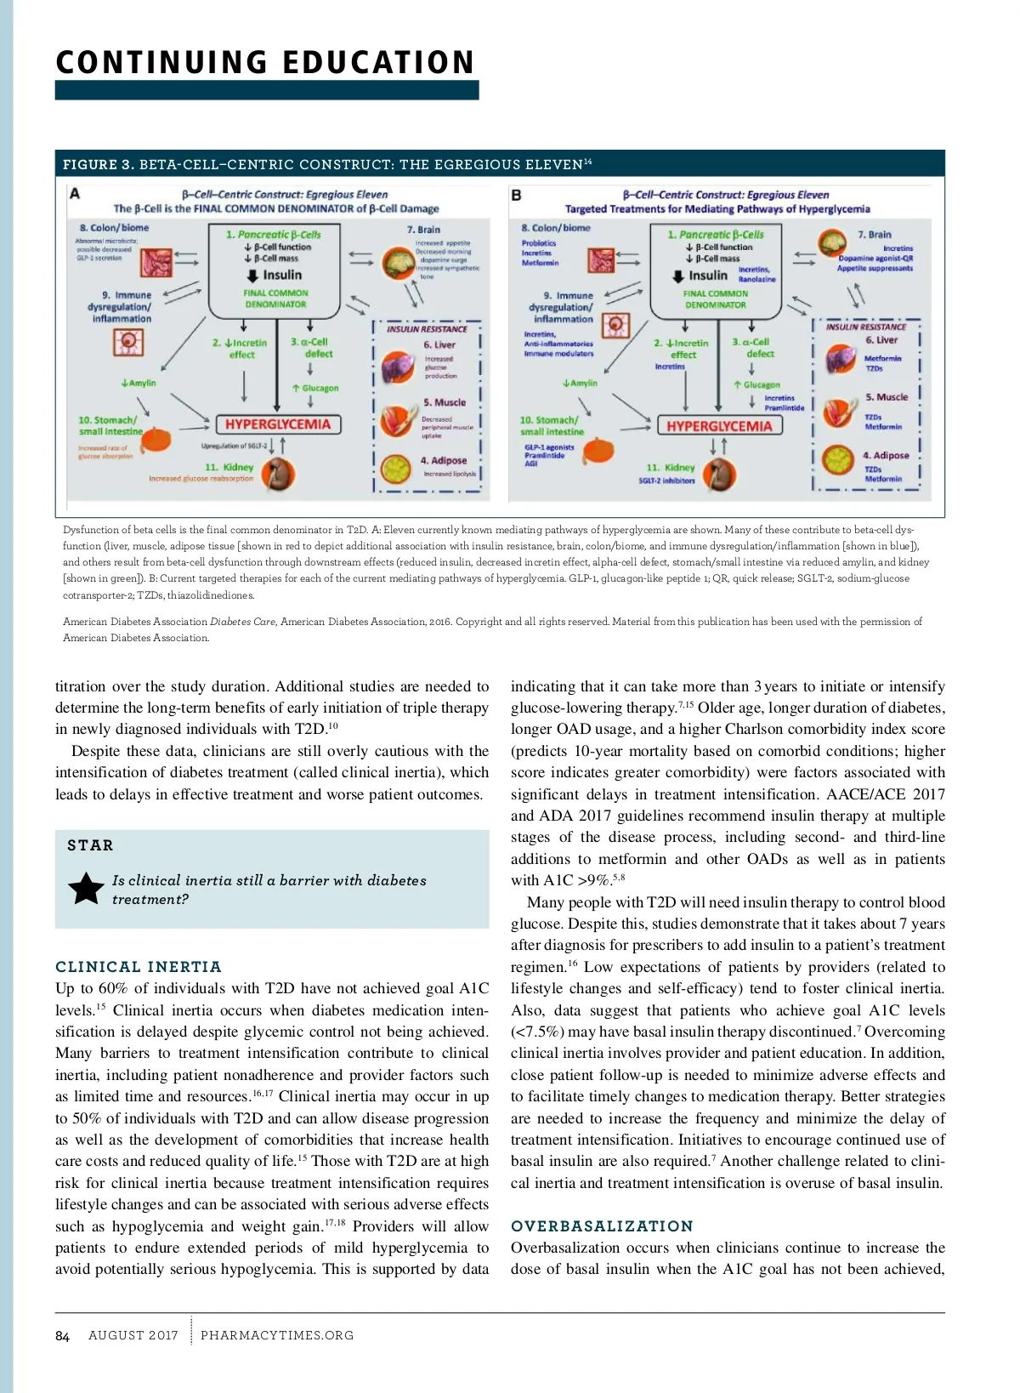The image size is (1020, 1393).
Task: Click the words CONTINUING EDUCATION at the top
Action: tap(265, 63)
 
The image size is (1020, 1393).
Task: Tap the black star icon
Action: tap(86, 889)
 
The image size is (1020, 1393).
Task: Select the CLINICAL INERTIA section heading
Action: tap(139, 967)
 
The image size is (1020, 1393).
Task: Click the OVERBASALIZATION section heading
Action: tap(602, 1226)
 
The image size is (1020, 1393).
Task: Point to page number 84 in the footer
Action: tap(62, 1336)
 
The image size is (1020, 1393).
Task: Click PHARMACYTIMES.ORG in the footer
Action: tap(277, 1336)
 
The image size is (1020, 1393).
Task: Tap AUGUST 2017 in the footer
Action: tap(133, 1336)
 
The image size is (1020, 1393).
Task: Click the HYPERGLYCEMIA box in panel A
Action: tap(278, 424)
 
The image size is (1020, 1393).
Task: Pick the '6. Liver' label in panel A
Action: tap(439, 344)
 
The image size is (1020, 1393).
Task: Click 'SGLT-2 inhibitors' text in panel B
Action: tap(666, 480)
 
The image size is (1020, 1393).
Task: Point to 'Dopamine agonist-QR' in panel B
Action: tap(875, 259)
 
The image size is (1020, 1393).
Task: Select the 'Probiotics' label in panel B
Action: tap(539, 243)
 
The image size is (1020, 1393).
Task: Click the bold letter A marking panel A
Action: tap(75, 194)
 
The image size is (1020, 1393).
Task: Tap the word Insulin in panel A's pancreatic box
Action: tap(282, 276)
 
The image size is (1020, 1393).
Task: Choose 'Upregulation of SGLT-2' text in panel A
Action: tap(234, 446)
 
